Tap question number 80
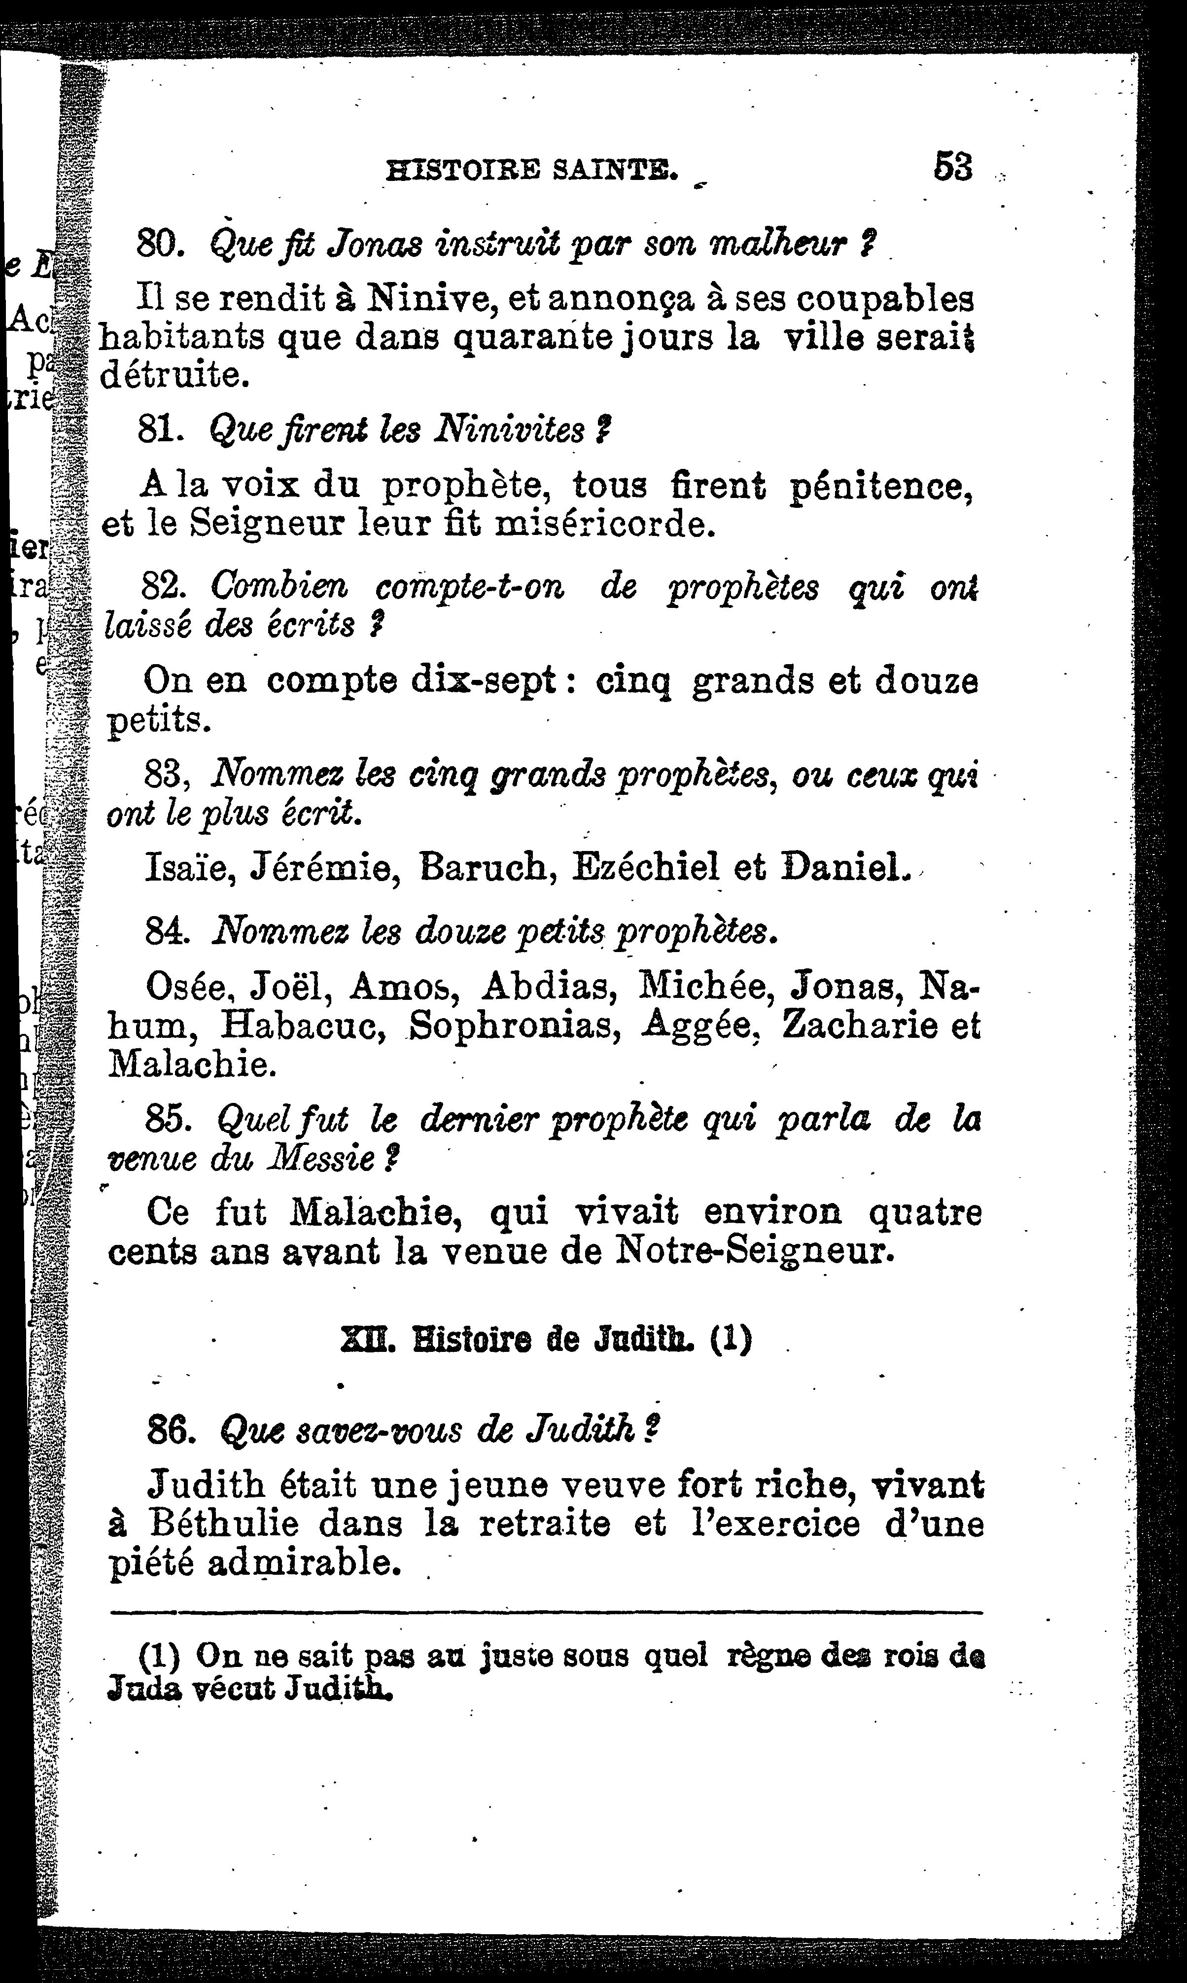(x=162, y=243)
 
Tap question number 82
(x=164, y=587)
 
